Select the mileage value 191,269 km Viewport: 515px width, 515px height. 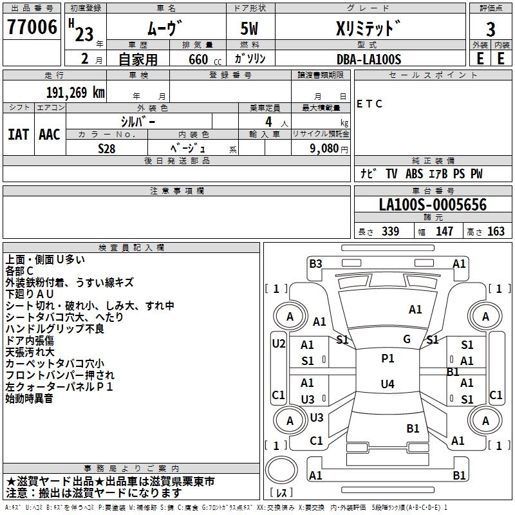click(75, 92)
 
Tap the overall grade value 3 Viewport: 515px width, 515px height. click(491, 29)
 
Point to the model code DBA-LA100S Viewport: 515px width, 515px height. click(368, 59)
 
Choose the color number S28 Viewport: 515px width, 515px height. click(107, 148)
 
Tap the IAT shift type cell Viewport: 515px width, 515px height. click(18, 135)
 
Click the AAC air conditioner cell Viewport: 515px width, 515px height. click(49, 135)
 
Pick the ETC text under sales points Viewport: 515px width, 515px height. click(370, 104)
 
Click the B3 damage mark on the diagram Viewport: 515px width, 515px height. click(315, 263)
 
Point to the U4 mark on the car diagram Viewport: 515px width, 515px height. click(387, 384)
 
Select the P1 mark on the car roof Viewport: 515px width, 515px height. click(388, 359)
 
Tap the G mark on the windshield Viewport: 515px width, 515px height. click(406, 339)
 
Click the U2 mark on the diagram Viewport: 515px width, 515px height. click(278, 343)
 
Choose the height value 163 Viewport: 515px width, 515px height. click(496, 232)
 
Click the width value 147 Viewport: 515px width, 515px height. click(444, 232)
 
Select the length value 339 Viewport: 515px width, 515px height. click(390, 232)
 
